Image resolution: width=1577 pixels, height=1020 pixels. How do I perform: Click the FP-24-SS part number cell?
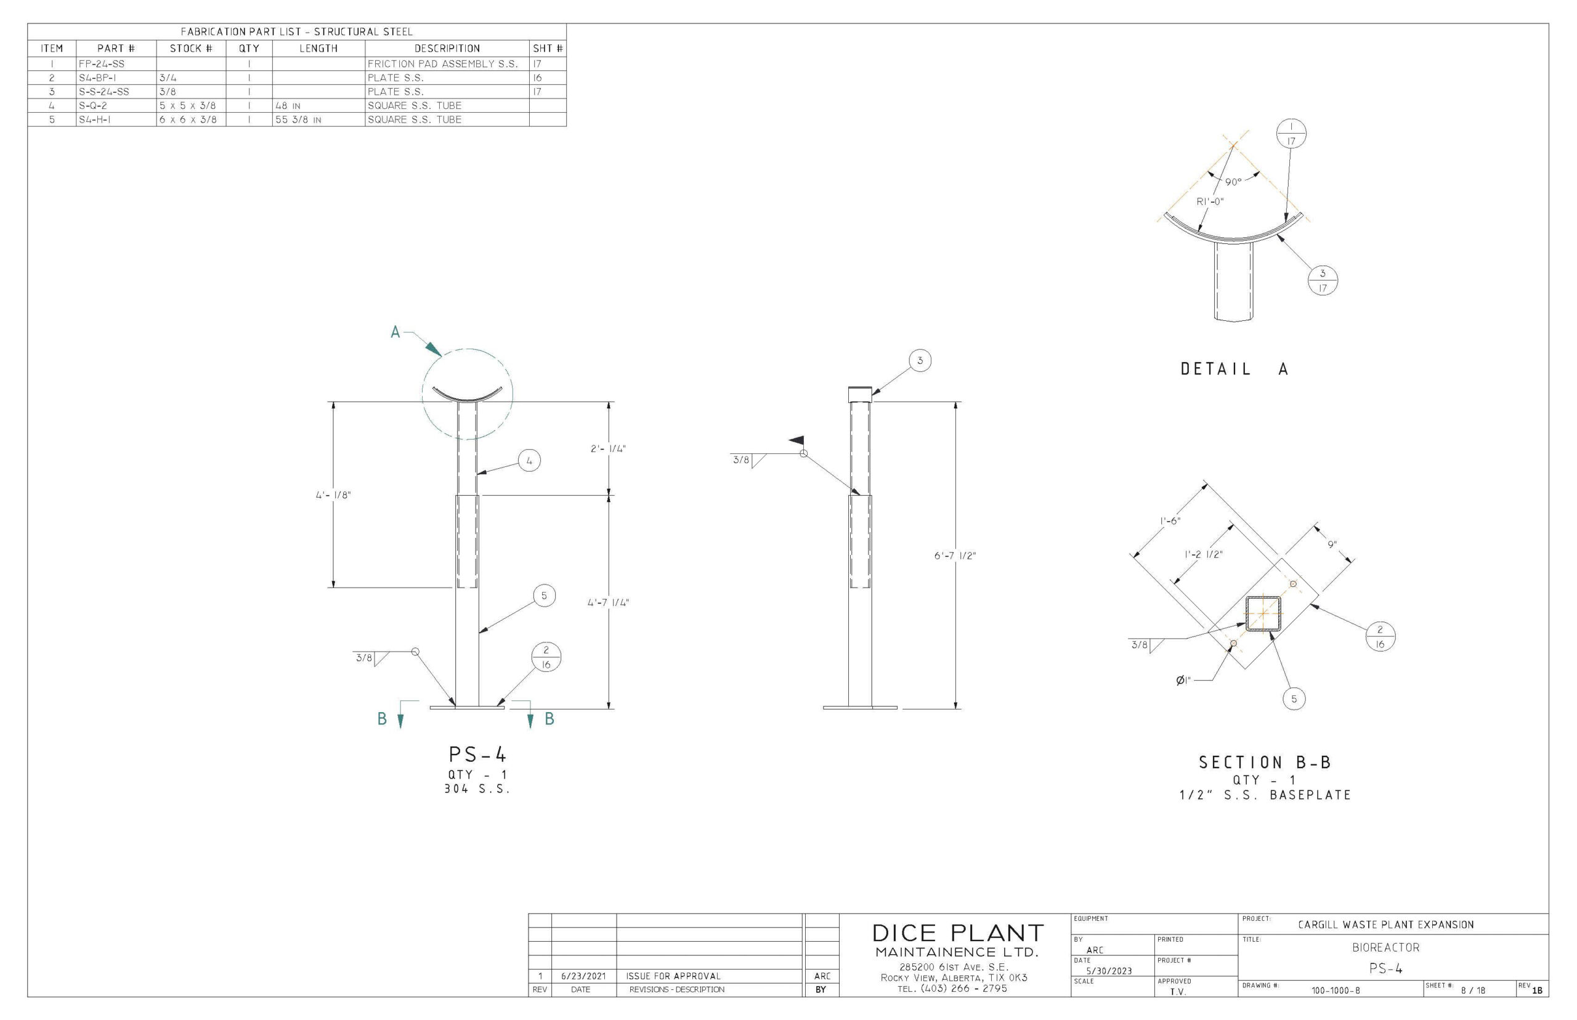(x=102, y=64)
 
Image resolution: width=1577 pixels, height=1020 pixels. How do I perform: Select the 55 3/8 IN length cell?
(x=298, y=120)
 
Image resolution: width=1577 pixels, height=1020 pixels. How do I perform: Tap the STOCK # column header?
(x=191, y=48)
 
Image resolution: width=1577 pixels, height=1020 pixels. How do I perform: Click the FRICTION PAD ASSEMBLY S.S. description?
(x=442, y=64)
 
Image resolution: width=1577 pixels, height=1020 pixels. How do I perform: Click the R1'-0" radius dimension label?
(x=1210, y=201)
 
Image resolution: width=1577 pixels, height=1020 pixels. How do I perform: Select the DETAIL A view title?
(x=1234, y=370)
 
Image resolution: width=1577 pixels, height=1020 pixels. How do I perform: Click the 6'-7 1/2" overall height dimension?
(x=955, y=556)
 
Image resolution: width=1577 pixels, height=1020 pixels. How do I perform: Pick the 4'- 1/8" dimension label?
(x=333, y=495)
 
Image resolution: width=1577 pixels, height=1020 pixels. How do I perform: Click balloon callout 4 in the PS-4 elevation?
(x=529, y=460)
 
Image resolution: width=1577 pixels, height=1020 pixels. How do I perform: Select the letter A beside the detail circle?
(x=395, y=332)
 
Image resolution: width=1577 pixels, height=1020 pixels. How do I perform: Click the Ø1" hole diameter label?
(x=1183, y=680)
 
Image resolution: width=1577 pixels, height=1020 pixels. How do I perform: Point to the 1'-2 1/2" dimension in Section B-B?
(x=1204, y=554)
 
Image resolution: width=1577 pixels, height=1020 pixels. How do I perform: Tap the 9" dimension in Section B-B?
(x=1332, y=544)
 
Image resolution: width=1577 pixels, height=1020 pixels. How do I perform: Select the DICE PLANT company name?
(x=957, y=933)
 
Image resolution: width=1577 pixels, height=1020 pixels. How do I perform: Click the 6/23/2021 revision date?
(x=583, y=976)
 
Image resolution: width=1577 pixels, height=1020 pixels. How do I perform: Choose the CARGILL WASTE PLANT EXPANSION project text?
(x=1385, y=925)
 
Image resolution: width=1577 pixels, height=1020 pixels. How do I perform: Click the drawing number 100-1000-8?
(x=1336, y=991)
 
